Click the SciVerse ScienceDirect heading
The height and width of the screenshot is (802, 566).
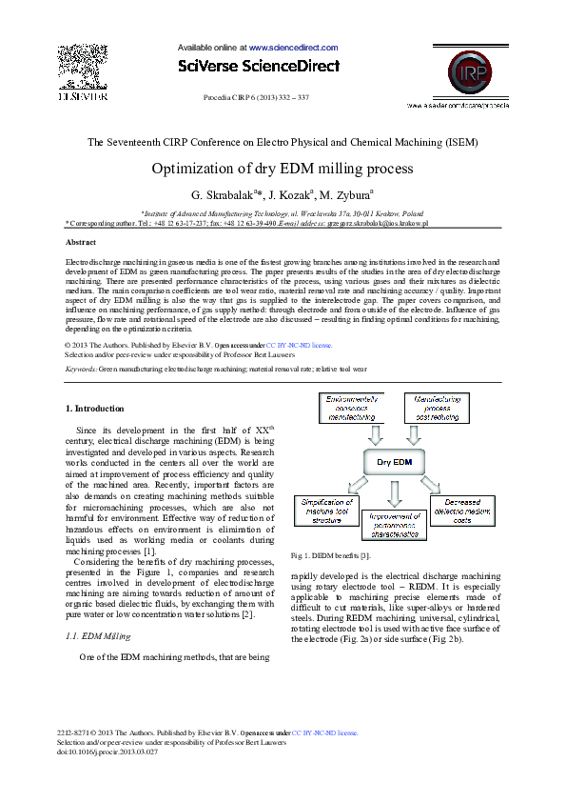coord(257,66)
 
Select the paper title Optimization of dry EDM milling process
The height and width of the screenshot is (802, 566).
coord(283,169)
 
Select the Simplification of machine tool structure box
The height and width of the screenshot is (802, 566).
coord(326,511)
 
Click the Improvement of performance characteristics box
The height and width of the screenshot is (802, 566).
coord(396,523)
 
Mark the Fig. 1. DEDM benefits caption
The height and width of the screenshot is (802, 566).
coord(331,554)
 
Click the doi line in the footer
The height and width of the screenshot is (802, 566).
coord(107,752)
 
